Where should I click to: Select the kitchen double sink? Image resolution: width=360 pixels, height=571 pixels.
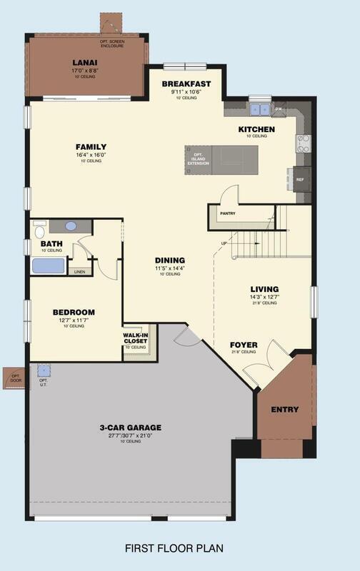259,110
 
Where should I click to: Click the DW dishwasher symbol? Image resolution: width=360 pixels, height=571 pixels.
279,109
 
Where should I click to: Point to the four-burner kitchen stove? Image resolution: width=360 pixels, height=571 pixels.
302,143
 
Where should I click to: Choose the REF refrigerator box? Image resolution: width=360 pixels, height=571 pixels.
300,179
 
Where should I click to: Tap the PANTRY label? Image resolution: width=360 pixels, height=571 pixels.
228,213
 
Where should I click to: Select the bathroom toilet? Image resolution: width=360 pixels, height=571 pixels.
39,231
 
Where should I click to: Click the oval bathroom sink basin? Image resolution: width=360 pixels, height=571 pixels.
71,226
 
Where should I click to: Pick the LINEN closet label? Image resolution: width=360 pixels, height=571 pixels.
79,271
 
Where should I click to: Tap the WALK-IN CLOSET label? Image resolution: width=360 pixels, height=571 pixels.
136,337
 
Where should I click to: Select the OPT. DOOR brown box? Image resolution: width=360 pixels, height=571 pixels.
14,378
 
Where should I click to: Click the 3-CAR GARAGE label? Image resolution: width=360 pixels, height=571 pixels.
131,428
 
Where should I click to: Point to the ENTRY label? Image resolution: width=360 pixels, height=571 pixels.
285,409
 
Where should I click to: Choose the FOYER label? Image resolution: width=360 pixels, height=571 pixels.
243,345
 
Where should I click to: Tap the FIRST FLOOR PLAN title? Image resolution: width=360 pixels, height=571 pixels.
174,548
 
